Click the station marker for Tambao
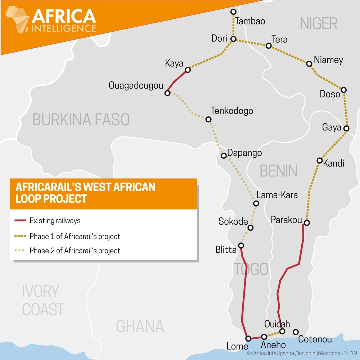(x=233, y=12)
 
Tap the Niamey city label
(x=328, y=60)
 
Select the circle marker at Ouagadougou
(x=167, y=93)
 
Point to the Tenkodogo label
(x=232, y=111)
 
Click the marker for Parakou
(x=307, y=222)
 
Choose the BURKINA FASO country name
(x=81, y=120)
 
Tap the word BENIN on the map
(x=279, y=171)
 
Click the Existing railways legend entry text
(x=55, y=220)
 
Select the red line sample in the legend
(x=21, y=220)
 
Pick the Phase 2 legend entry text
(x=75, y=251)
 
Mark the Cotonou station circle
(x=296, y=332)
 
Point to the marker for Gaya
(x=346, y=129)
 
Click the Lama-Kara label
(x=277, y=195)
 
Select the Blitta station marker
(x=241, y=246)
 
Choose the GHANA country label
(x=140, y=326)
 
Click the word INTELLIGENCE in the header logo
(x=64, y=28)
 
